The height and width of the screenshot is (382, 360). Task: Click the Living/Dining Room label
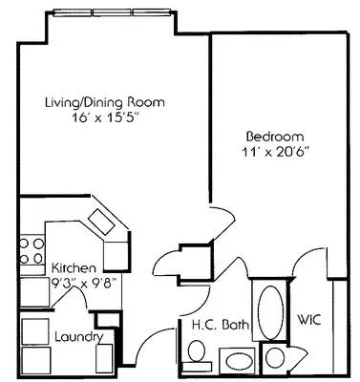[x=106, y=101]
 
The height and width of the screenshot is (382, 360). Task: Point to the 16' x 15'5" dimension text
[x=105, y=117]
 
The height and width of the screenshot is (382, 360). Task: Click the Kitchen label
[x=73, y=268]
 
